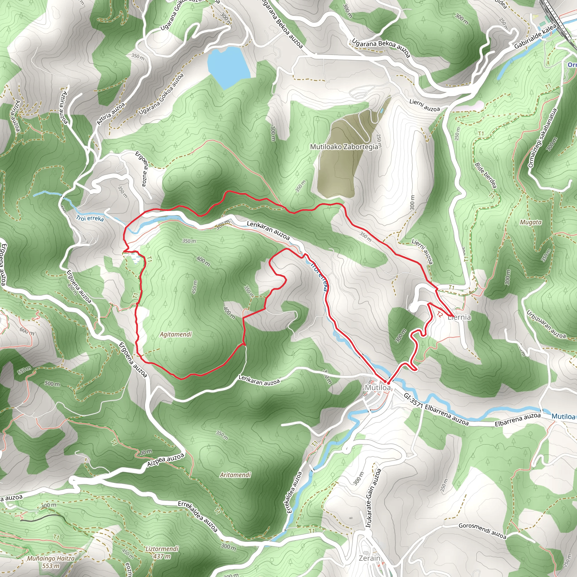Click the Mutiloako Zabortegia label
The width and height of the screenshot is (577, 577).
click(344, 147)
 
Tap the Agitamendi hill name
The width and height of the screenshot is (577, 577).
click(176, 334)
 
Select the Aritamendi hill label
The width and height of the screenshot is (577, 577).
click(235, 475)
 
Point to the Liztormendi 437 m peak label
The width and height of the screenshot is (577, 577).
click(162, 552)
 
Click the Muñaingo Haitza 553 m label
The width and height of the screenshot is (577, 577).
click(51, 562)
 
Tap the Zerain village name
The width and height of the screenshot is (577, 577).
click(369, 558)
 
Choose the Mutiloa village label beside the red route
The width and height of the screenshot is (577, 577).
click(378, 387)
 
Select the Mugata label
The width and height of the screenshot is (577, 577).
click(531, 222)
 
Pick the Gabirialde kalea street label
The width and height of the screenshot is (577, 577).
click(535, 36)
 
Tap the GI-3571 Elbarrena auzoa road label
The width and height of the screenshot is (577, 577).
click(436, 409)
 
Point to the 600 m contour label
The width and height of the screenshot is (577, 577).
click(26, 331)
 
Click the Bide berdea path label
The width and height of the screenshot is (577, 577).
click(486, 175)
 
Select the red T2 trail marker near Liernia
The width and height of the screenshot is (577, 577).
click(440, 314)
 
